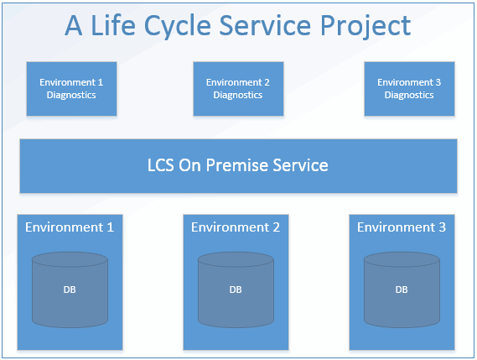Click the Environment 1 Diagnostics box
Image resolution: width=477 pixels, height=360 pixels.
pos(71,88)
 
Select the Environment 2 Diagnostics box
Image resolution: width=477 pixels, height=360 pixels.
pos(238,88)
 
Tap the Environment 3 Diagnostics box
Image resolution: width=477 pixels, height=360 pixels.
pos(409,88)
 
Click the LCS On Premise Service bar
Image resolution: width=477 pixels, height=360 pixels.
pos(238,165)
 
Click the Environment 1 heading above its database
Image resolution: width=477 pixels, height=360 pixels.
pos(70,227)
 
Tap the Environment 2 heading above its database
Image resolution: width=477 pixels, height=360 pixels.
pos(236,227)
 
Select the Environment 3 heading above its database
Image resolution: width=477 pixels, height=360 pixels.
pos(402,227)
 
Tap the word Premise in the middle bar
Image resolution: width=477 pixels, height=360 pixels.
pos(236,165)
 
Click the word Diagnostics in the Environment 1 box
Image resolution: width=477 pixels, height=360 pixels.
pos(71,95)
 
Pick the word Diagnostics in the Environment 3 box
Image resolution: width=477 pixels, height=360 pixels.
pos(409,95)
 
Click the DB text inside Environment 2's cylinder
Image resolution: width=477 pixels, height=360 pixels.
pos(236,290)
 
